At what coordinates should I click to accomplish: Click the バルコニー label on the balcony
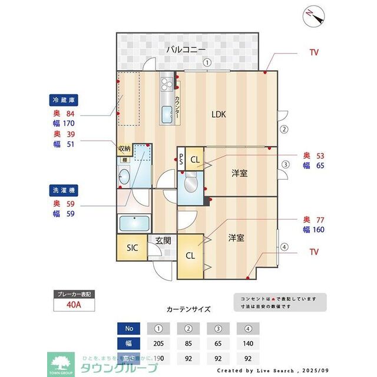(x=185, y=49)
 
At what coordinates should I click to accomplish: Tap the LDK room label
(x=219, y=114)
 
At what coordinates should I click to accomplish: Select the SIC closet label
(x=133, y=248)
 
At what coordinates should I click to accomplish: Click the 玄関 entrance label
(x=163, y=240)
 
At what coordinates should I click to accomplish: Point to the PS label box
(x=181, y=159)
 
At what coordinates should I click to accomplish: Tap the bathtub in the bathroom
(x=134, y=224)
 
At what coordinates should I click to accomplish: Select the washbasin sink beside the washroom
(x=124, y=176)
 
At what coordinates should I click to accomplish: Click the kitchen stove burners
(x=166, y=84)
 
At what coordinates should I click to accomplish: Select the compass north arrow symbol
(x=313, y=16)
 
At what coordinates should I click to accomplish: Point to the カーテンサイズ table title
(x=188, y=309)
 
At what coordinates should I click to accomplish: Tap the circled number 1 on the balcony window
(x=206, y=62)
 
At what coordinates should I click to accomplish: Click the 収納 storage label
(x=124, y=148)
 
